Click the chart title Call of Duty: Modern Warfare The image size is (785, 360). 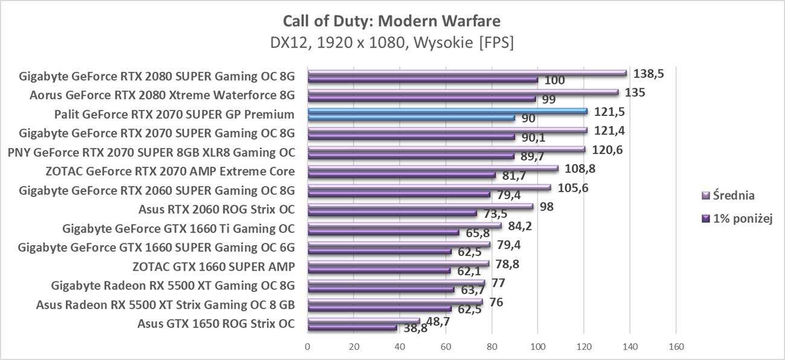click(x=392, y=22)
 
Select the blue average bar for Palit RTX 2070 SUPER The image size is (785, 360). click(x=447, y=111)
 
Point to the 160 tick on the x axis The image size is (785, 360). click(x=676, y=347)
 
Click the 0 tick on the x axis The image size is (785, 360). click(x=308, y=347)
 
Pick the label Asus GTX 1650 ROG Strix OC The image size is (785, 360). click(x=216, y=323)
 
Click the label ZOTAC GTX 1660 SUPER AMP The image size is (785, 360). click(x=213, y=266)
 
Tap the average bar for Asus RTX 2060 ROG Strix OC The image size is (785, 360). click(x=420, y=207)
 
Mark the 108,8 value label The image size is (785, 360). click(x=580, y=169)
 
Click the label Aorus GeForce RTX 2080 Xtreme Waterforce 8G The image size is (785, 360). click(x=162, y=95)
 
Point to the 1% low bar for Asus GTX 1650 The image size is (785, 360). click(x=352, y=328)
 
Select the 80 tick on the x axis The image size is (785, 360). click(x=492, y=347)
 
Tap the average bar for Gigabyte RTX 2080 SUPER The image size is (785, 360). click(x=467, y=73)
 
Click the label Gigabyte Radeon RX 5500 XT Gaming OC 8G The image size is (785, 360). click(x=173, y=285)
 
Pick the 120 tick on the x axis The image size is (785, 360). click(x=584, y=347)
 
